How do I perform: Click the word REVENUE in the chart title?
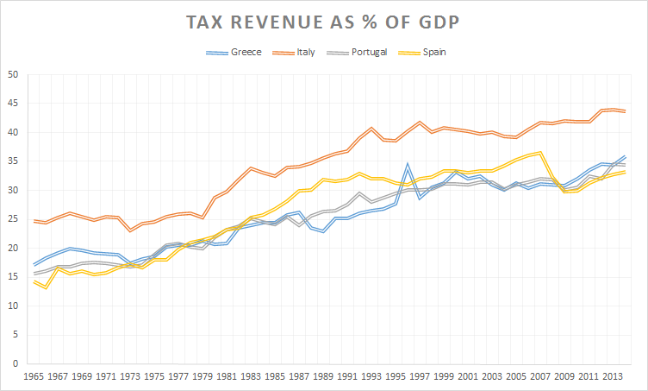[x=283, y=21]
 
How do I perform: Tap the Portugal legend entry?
[x=370, y=52]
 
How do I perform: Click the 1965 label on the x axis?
[x=34, y=378]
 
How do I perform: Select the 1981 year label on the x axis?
[x=227, y=378]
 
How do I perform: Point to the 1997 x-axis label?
[x=419, y=378]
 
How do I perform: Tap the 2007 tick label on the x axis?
[x=539, y=378]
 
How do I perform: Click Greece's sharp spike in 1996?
[x=407, y=163]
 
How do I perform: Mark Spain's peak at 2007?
[x=539, y=153]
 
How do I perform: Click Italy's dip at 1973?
[x=130, y=230]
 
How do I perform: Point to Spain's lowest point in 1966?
[x=47, y=287]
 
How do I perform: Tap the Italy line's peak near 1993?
[x=371, y=128]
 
